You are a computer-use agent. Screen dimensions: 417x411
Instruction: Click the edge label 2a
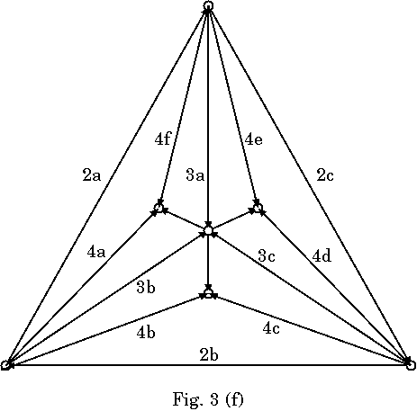pos(92,175)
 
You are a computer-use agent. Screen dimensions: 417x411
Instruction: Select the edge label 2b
pos(209,355)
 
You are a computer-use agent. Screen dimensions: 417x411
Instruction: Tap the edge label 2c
pos(325,175)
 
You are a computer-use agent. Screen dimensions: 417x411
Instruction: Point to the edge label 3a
pos(195,175)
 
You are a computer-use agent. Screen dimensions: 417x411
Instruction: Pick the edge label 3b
pos(146,287)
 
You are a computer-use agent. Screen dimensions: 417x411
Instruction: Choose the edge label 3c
pos(267,256)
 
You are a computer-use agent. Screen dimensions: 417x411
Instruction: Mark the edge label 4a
pos(96,252)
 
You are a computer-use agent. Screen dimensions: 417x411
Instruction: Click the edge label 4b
pos(146,332)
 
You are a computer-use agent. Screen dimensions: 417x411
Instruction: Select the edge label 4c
pos(271,328)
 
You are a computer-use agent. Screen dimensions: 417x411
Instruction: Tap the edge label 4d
pos(322,255)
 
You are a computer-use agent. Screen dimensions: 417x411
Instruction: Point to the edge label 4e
pos(254,139)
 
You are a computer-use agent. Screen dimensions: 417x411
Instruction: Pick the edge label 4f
pos(163,139)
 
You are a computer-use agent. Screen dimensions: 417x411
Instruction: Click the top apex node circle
pos(208,5)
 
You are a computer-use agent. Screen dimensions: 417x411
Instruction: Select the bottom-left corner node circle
pos(5,365)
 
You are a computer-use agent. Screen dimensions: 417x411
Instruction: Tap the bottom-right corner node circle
pos(411,365)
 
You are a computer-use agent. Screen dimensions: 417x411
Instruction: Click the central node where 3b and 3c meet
pos(208,230)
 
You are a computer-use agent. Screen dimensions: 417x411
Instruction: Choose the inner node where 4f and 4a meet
pos(159,208)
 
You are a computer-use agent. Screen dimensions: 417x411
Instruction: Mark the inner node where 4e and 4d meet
pos(258,208)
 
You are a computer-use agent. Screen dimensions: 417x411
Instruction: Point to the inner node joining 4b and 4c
pos(208,294)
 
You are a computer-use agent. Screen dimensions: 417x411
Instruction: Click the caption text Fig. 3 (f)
pos(208,399)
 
